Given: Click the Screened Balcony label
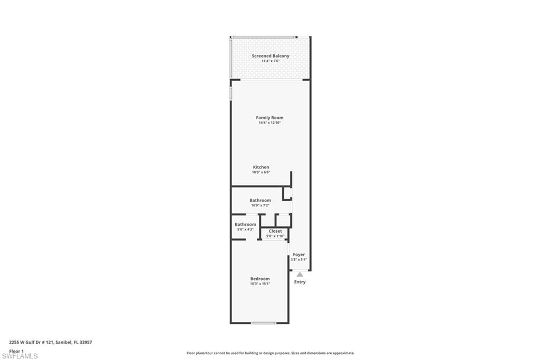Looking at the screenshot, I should click(x=270, y=56).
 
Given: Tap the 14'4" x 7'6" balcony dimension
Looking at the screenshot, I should click(x=270, y=61).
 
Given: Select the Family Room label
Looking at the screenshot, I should click(x=269, y=118).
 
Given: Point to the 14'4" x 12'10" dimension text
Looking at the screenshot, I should click(x=269, y=123).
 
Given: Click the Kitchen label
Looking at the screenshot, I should click(x=261, y=167).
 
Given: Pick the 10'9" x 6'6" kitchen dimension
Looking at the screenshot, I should click(x=261, y=172).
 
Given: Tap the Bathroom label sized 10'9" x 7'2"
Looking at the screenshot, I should click(x=260, y=201).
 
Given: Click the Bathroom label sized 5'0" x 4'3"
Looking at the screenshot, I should click(x=245, y=224).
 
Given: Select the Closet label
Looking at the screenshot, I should click(x=275, y=231).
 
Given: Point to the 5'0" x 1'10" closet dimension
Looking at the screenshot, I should click(x=275, y=236).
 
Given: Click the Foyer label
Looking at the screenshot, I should click(x=299, y=254).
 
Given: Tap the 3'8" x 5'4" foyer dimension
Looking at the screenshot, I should click(x=299, y=259).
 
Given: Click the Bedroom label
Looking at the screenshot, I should click(x=260, y=279).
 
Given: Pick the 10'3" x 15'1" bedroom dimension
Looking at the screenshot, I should click(x=260, y=283).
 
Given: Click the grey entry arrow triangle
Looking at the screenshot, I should click(x=300, y=274).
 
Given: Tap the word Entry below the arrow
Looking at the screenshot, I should click(x=300, y=282).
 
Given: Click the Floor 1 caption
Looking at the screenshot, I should click(x=17, y=350).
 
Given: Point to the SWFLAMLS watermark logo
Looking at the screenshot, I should click(x=20, y=356).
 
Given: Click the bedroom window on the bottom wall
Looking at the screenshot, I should click(x=263, y=323).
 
